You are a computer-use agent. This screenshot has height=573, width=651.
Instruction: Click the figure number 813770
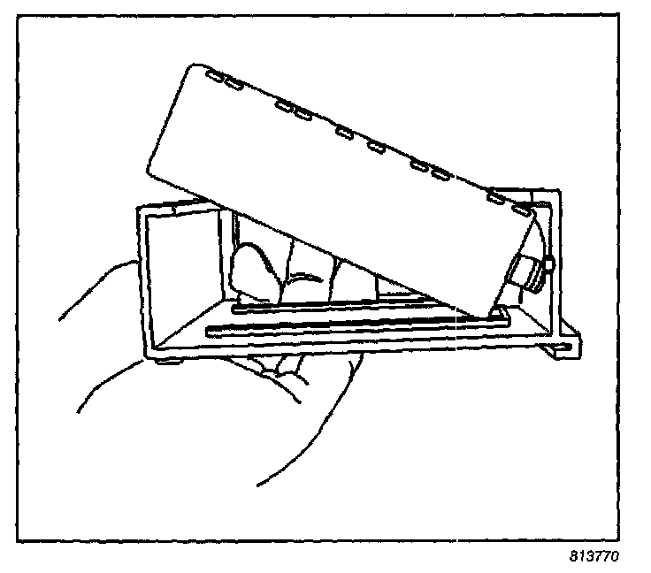[x=594, y=558]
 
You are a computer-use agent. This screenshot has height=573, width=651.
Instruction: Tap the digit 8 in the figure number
[x=572, y=558]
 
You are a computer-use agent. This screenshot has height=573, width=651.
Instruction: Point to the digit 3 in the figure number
[x=588, y=558]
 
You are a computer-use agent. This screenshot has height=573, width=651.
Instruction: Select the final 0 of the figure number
[x=615, y=558]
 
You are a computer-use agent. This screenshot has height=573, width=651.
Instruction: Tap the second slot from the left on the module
[x=234, y=85]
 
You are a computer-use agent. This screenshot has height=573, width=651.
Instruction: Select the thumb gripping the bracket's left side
[x=97, y=296]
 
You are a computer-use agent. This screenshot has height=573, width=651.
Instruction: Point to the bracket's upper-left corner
[x=138, y=210]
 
